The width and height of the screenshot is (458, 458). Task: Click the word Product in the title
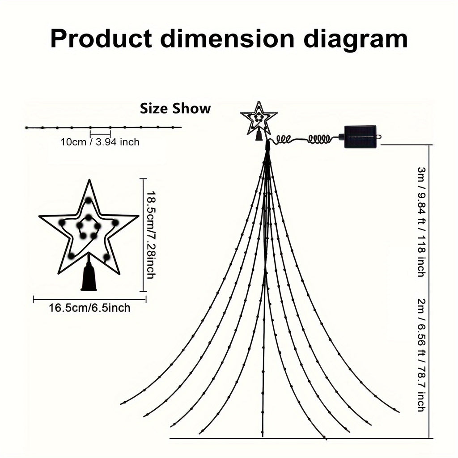click(101, 38)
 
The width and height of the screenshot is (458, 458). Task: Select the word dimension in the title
click(227, 38)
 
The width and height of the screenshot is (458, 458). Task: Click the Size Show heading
click(175, 108)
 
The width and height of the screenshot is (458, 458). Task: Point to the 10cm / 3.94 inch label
click(100, 142)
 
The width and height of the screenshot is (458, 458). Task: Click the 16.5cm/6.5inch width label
click(89, 308)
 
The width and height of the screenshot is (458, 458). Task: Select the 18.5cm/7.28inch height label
click(151, 235)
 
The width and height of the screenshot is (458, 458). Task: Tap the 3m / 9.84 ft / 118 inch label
click(421, 222)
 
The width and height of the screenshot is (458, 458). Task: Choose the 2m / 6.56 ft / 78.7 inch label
click(421, 355)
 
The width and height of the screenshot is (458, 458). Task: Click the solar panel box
click(360, 137)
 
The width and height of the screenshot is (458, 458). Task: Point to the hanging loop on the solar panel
click(379, 137)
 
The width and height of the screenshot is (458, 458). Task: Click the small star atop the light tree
click(259, 118)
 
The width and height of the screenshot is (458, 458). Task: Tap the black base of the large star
click(89, 276)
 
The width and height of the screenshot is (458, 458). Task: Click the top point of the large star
click(89, 180)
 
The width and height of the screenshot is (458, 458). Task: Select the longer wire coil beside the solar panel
click(319, 139)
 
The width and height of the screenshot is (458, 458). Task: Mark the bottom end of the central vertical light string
click(263, 437)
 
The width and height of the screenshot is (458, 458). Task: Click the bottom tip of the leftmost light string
click(121, 404)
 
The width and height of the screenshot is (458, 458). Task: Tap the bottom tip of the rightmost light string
click(399, 412)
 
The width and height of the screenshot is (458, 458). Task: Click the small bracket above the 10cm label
click(100, 134)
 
